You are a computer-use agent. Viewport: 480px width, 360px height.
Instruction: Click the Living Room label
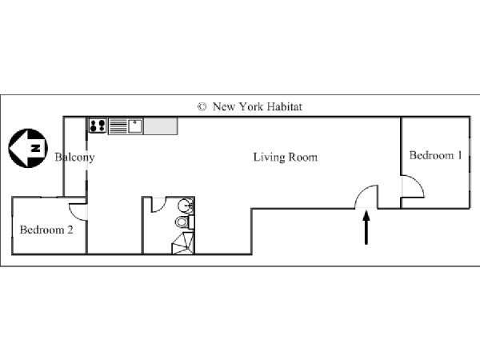tap(286, 158)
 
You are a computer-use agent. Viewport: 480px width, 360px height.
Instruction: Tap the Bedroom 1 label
tap(435, 155)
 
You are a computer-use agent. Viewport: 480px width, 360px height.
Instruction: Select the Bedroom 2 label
tap(46, 230)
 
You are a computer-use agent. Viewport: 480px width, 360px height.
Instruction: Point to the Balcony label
tap(74, 158)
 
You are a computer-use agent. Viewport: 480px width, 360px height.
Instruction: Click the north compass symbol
tap(28, 148)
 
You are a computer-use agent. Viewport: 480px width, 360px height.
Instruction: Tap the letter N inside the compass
tap(36, 148)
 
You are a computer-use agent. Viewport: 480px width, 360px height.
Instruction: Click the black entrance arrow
tap(366, 228)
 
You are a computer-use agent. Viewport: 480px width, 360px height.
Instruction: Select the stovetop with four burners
tap(98, 126)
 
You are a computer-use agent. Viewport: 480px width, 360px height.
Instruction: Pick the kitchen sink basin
tap(135, 126)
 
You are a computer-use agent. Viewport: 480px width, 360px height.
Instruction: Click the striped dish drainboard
tap(118, 126)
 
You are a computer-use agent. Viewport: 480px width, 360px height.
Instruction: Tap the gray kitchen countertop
tap(161, 126)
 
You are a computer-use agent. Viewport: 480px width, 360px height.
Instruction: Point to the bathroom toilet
tap(185, 222)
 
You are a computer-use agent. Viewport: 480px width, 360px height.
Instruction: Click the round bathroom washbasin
tap(186, 205)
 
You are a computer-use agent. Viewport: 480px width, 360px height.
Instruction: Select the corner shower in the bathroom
tap(183, 243)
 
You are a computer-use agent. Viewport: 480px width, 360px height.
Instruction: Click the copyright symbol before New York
tap(202, 107)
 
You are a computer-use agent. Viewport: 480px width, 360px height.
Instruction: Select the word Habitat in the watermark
tap(284, 106)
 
